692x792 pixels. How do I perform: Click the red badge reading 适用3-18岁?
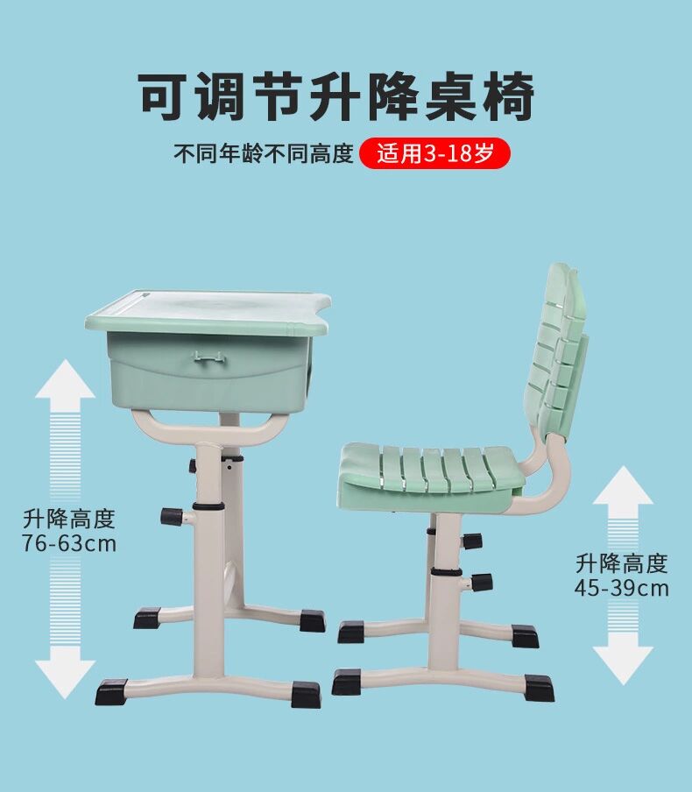[434, 153]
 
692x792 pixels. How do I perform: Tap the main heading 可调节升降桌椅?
[336, 96]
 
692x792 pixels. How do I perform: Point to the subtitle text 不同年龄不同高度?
[264, 153]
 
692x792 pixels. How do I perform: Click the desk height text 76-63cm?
[69, 543]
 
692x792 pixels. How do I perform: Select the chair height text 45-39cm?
[622, 588]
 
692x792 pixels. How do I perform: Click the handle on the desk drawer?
[208, 357]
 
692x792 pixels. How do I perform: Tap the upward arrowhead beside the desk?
[65, 378]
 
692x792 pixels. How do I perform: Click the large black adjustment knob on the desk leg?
[171, 516]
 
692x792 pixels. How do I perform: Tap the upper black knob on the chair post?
[473, 541]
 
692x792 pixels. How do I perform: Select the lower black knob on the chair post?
[482, 583]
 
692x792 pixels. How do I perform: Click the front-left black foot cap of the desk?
[111, 692]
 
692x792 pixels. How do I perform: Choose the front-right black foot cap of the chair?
[539, 688]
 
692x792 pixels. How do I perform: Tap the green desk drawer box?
[209, 371]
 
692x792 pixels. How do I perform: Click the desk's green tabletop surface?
[208, 312]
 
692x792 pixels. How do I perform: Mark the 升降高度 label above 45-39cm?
[622, 563]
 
